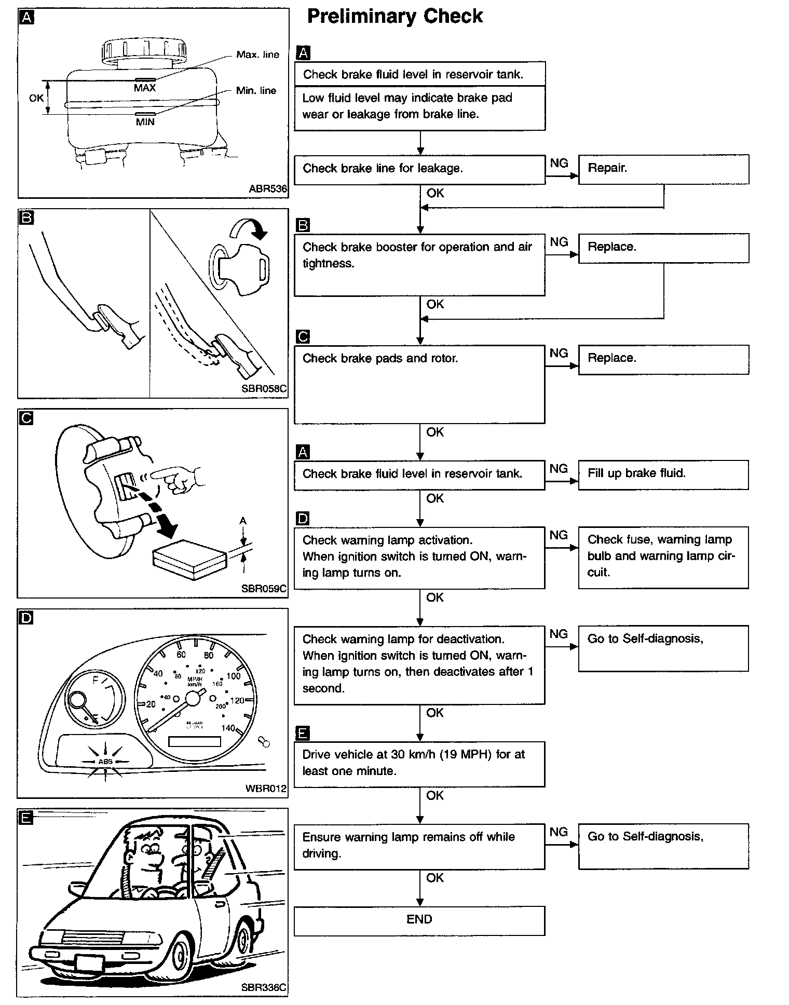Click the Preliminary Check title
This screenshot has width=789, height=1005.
tap(394, 17)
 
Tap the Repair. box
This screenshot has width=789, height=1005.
tap(663, 169)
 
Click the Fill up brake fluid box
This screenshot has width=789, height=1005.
tap(663, 474)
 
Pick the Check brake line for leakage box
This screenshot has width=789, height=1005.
tap(419, 169)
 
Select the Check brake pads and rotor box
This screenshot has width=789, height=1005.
tap(419, 384)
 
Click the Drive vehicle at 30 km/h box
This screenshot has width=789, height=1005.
tap(419, 764)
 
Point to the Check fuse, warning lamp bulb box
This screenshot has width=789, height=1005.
tap(663, 557)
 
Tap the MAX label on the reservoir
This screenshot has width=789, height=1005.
tap(145, 88)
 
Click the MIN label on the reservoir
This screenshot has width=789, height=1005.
tap(145, 122)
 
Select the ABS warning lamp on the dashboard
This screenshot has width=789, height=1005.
tap(105, 761)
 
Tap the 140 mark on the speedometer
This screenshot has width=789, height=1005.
tap(228, 728)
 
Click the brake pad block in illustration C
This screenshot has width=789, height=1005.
tap(190, 559)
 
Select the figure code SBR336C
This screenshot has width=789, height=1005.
tap(264, 987)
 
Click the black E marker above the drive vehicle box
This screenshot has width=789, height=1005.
tap(302, 733)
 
